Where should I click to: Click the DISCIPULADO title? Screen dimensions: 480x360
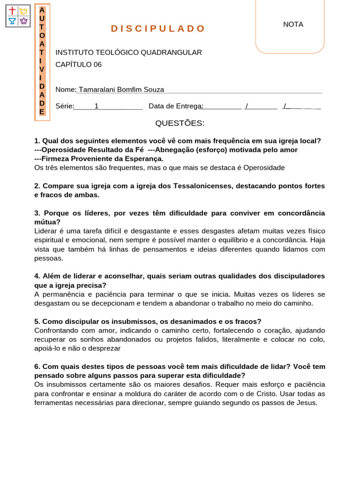[158, 29]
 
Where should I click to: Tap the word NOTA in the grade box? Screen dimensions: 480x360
[293, 24]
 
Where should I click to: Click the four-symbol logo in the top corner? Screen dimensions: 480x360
[18, 16]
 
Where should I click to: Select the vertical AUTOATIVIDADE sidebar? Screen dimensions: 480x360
[42, 61]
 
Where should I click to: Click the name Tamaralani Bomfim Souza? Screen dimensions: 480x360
[121, 90]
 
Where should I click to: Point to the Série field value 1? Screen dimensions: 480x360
[97, 106]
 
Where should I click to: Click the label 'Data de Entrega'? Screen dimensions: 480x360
[174, 106]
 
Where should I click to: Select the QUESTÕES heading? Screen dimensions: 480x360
[180, 123]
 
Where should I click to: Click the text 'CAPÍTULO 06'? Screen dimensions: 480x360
[78, 65]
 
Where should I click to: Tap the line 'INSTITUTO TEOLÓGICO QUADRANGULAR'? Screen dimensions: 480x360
[128, 52]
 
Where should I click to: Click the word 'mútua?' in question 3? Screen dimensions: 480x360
[47, 222]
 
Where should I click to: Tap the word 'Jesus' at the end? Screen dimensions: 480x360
[307, 403]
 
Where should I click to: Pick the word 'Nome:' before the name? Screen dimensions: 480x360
[66, 90]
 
